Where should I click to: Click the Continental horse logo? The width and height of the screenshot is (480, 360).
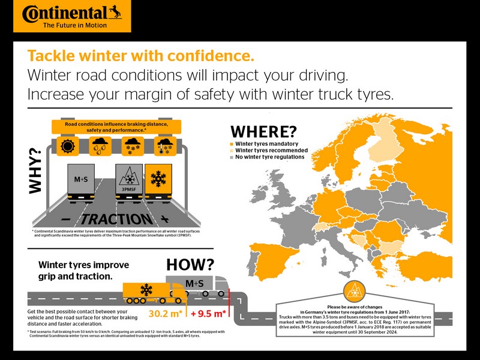click(115, 12)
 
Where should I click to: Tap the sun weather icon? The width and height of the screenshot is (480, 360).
click(68, 146)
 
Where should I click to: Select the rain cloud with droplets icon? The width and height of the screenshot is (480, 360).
click(100, 146)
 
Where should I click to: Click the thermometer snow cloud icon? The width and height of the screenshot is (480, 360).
click(165, 146)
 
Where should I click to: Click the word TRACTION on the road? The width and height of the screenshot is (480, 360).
click(116, 219)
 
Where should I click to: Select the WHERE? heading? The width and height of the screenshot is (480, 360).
click(263, 132)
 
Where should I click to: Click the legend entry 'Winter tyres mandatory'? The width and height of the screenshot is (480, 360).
click(266, 143)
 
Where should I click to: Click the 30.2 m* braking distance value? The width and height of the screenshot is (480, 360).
click(166, 313)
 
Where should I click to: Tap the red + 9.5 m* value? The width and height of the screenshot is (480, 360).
click(208, 313)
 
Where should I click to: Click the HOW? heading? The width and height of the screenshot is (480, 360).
click(190, 265)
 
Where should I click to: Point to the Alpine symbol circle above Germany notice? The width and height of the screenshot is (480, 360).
click(355, 292)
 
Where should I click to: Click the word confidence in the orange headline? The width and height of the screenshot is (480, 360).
click(211, 56)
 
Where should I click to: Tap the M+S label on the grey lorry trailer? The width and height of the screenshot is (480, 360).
click(194, 283)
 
